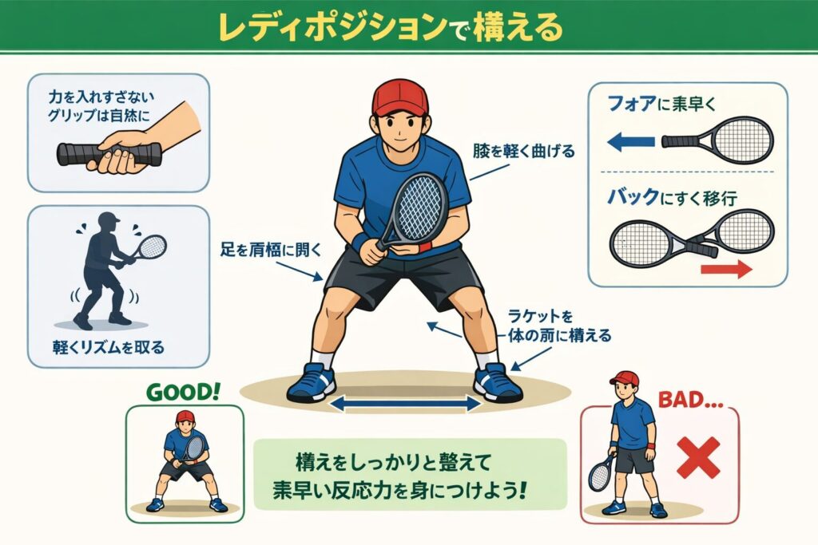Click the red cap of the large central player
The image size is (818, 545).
coord(399,97)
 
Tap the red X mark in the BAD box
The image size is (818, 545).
coord(698,457)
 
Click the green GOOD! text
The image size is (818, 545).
coord(183,392)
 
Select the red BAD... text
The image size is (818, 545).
coord(690,400)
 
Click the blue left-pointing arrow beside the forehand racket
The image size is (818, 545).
coord(631,141)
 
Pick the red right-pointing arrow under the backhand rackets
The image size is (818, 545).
coord(726,270)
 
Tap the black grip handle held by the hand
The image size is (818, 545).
coord(109,153)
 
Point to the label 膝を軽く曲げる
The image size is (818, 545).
coord(524,151)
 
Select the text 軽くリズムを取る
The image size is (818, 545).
coord(109,347)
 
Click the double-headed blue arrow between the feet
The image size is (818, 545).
coord(405,403)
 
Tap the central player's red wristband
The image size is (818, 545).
coord(424,247)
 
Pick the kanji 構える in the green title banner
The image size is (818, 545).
coord(518,27)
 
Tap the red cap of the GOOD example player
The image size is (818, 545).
coord(185,416)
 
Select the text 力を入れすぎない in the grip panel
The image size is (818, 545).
coord(101,97)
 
